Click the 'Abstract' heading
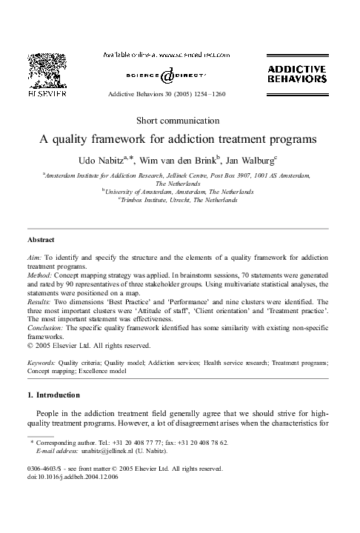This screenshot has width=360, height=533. pos(41,241)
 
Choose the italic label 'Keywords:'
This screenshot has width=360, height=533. pos(42,364)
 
